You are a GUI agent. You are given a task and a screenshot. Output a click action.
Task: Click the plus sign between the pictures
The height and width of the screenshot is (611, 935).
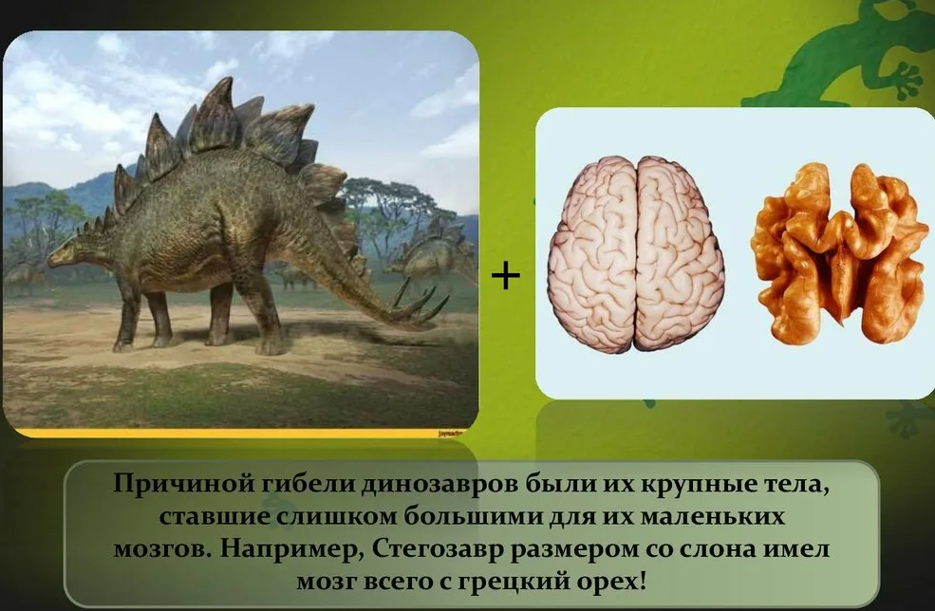pyautogui.click(x=506, y=276)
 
